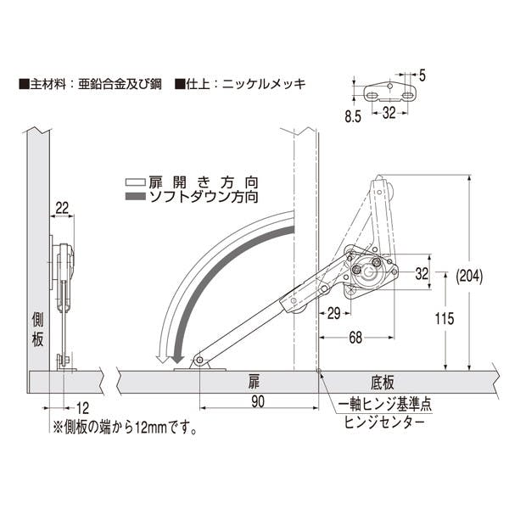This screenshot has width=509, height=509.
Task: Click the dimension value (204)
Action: (469, 277)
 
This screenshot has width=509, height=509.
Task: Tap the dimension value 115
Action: (445, 319)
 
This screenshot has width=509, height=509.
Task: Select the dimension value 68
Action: (355, 338)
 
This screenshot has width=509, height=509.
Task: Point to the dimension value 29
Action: (334, 314)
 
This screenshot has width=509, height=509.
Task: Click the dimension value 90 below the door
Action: (258, 402)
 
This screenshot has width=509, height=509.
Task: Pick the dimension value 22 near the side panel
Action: (62, 208)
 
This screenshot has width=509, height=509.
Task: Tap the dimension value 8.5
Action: (353, 116)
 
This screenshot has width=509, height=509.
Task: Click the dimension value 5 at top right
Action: (422, 76)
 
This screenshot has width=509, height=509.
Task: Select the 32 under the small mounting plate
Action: (389, 113)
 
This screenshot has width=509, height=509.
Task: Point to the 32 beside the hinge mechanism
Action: (422, 274)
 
